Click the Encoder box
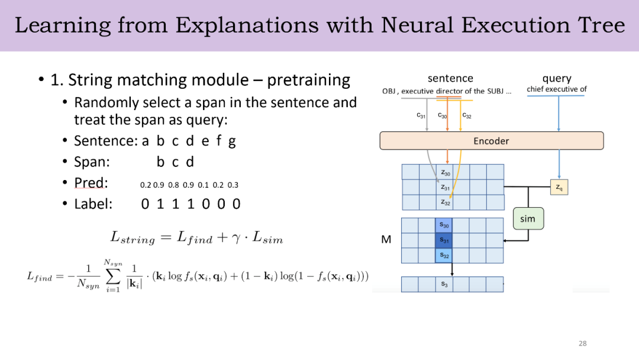point(491,141)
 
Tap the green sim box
point(527,219)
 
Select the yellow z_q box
point(559,187)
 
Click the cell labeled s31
point(444,240)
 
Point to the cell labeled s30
point(444,226)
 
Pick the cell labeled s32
point(444,255)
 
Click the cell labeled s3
point(444,284)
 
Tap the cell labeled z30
point(445,172)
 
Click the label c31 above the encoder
point(421,116)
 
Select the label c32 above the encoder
point(467,116)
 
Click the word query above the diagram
point(557,78)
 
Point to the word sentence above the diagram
point(450,78)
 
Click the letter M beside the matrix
point(386,240)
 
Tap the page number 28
point(583,343)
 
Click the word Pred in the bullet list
point(91,183)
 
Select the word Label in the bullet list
point(93,204)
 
